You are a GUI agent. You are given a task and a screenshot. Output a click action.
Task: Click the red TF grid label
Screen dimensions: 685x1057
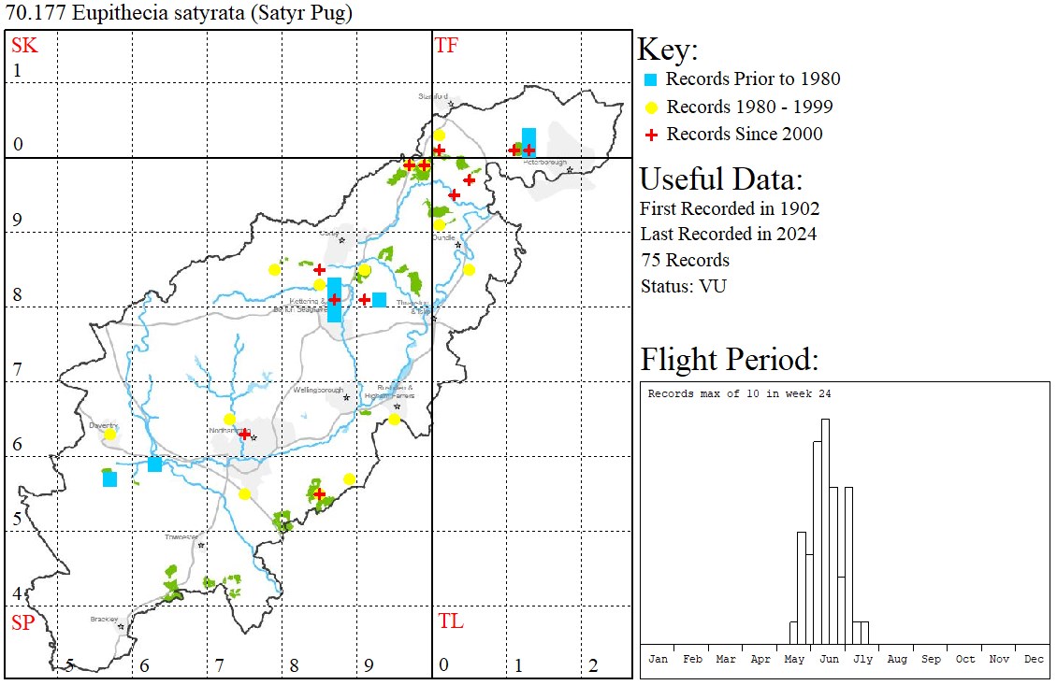pos(446,46)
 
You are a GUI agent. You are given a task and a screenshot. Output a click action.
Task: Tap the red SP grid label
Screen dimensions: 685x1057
pos(22,622)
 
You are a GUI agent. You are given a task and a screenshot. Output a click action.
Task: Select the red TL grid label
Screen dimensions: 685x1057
pos(450,621)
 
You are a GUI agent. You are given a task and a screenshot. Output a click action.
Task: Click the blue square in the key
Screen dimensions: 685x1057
pos(652,79)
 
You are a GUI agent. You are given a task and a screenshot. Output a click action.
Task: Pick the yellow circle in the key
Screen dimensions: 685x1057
pos(652,107)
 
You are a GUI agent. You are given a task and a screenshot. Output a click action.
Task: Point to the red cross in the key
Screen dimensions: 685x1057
pos(652,135)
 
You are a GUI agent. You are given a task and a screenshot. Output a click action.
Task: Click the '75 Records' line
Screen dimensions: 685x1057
pos(685,260)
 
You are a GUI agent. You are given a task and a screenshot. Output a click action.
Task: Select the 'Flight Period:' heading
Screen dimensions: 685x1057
pos(729,359)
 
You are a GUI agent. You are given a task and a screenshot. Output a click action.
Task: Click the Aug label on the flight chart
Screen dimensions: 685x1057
pos(897,659)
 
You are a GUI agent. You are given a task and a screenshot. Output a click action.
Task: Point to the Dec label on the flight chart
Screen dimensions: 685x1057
pos(1034,659)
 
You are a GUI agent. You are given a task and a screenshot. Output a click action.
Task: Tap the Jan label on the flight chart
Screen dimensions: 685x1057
pos(659,659)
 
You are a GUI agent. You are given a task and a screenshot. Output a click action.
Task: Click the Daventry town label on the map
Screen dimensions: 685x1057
pos(101,424)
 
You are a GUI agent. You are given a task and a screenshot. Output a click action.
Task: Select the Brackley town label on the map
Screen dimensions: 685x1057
pos(104,619)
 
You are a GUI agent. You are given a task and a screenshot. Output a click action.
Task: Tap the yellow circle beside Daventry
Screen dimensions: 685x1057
pos(109,435)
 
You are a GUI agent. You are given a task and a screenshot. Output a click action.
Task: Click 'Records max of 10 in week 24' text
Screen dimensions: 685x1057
pos(739,393)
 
